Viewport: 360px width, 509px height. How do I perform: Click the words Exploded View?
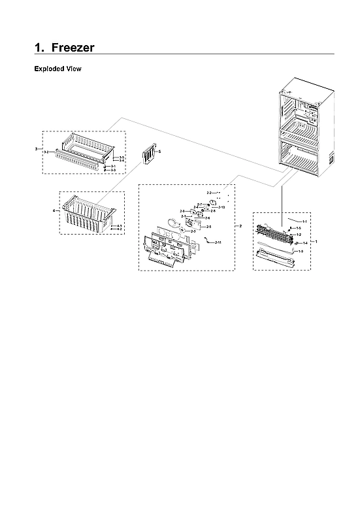[57, 69]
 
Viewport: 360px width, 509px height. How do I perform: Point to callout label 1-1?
[304, 222]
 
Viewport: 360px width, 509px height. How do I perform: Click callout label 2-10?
[221, 207]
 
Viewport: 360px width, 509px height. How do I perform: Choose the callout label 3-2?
[46, 152]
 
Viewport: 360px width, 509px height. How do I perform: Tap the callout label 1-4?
[304, 242]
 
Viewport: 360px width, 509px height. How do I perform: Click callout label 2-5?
[208, 226]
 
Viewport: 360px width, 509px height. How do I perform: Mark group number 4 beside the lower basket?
[54, 210]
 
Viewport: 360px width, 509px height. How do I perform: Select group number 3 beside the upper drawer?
[36, 149]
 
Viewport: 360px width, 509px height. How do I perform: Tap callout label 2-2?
[209, 193]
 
